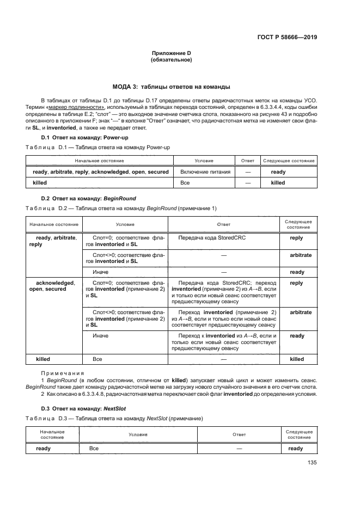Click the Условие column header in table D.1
(x=204, y=161)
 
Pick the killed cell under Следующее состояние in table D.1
(x=278, y=183)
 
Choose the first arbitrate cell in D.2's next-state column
(x=297, y=255)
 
